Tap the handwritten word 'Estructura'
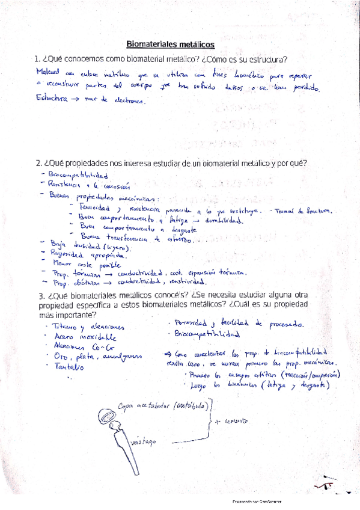51,99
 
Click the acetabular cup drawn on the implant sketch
108,416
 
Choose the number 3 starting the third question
39,295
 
